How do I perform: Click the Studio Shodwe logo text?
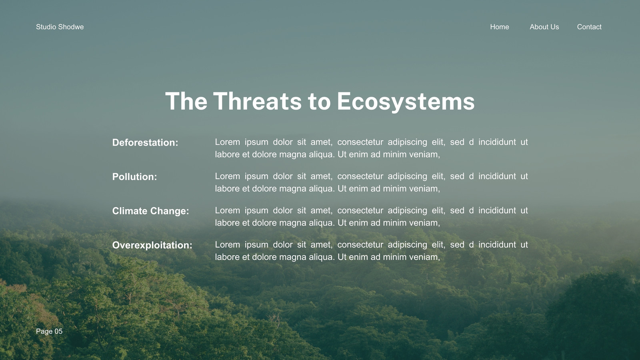60,27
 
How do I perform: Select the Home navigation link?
500,27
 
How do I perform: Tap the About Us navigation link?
544,27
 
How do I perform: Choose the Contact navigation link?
589,27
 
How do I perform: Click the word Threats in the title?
258,101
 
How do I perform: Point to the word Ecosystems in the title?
406,102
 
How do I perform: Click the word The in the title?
186,101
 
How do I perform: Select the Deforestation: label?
145,142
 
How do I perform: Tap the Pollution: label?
134,177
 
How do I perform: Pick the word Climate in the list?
130,211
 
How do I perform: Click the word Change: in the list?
170,211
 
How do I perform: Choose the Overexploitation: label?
152,246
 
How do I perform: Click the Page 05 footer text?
49,331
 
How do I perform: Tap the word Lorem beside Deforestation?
228,142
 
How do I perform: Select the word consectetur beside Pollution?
360,176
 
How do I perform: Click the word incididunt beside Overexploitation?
497,244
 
